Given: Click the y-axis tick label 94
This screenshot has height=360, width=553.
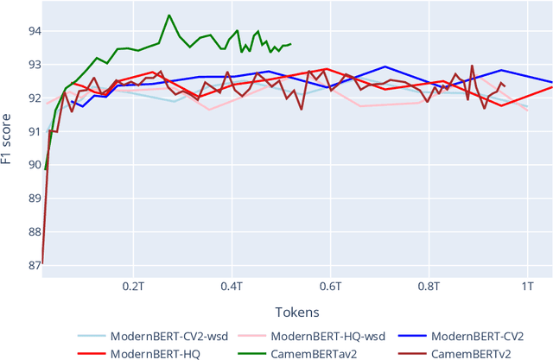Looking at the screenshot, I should click(x=29, y=30).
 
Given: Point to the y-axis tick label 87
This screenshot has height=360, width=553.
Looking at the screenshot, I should click(x=29, y=265).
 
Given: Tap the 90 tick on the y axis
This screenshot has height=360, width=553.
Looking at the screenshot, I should click(x=29, y=164).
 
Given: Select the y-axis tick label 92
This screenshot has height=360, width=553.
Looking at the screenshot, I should click(x=29, y=98).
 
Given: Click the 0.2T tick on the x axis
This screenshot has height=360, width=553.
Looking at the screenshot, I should click(x=133, y=284).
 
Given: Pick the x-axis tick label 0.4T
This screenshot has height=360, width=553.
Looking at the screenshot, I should click(x=232, y=284).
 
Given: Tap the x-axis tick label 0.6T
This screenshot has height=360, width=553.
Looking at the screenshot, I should click(x=330, y=284).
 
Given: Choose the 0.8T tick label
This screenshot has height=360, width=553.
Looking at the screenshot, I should click(x=429, y=284).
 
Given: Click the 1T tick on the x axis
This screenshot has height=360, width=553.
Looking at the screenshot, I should click(x=527, y=284).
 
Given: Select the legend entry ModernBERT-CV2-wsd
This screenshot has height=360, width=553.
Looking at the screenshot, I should click(x=168, y=336).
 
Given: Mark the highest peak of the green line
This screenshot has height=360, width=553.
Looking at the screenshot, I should click(x=168, y=15).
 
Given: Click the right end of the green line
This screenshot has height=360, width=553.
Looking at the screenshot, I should click(x=290, y=44).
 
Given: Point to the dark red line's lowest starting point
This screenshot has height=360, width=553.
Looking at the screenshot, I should click(x=41, y=262).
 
